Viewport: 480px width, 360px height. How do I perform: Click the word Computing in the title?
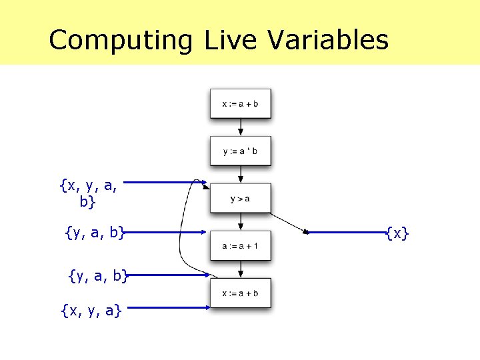(x=120, y=40)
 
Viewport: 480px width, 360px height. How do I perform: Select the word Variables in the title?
(x=328, y=40)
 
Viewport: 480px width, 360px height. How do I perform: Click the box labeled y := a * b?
(x=240, y=151)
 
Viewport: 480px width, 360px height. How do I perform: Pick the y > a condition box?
(x=240, y=198)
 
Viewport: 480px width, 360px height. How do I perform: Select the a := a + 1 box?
(x=240, y=246)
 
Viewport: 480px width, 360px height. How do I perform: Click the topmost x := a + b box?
(x=240, y=103)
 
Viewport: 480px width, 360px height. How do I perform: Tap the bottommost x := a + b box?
(x=240, y=293)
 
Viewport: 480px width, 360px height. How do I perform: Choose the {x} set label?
(x=397, y=233)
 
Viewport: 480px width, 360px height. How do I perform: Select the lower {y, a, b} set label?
(x=98, y=274)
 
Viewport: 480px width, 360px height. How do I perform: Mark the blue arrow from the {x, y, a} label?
(x=167, y=307)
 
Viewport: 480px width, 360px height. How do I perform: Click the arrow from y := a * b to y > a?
(x=241, y=175)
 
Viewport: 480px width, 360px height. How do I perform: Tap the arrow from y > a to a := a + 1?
(x=241, y=223)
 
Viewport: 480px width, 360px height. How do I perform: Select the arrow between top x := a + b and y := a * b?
(x=241, y=127)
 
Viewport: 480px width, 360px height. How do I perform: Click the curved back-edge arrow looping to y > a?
(x=181, y=240)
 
